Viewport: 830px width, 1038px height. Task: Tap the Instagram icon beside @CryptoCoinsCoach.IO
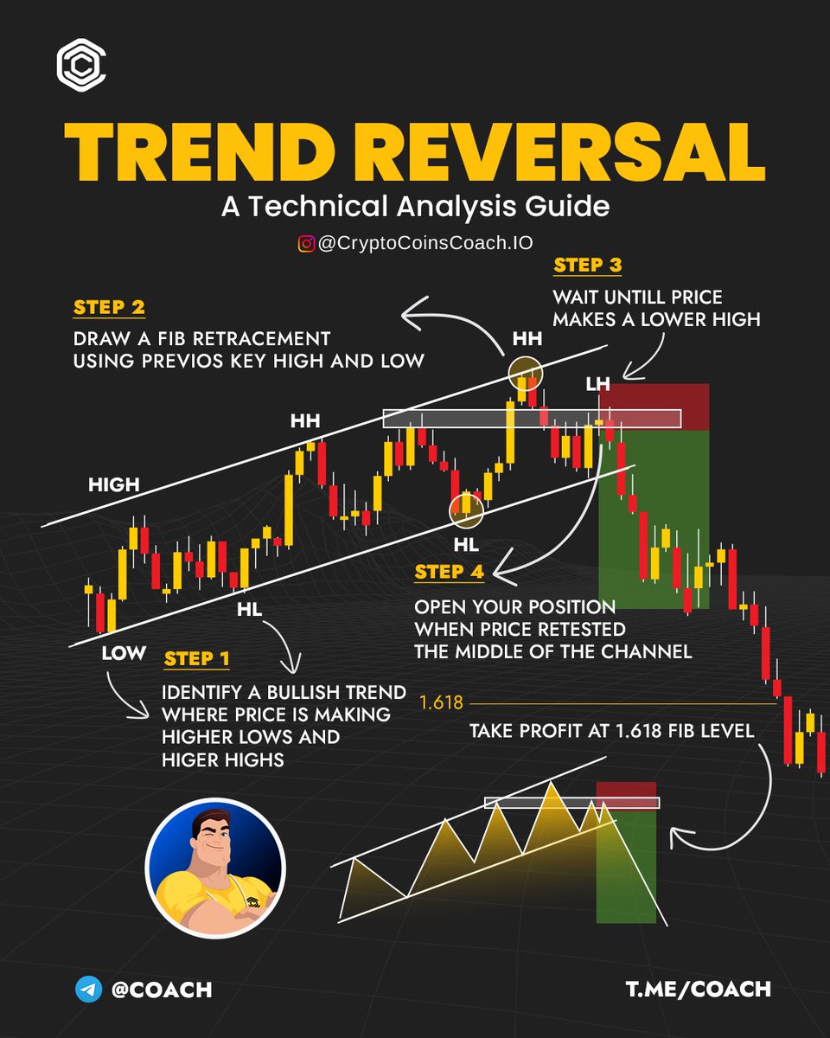pos(306,245)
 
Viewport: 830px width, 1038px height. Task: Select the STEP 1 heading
pos(197,659)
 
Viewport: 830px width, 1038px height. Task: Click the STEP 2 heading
pos(109,308)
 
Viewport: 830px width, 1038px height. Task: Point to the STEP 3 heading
pos(588,266)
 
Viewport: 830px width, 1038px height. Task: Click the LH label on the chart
pos(597,383)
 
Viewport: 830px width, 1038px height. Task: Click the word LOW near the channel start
pos(124,653)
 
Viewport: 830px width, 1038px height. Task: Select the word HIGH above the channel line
pos(113,484)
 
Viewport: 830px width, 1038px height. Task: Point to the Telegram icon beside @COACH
pos(88,990)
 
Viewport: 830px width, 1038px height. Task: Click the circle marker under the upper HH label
pos(524,370)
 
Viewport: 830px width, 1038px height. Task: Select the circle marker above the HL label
pos(467,509)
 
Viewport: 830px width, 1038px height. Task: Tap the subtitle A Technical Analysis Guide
pos(415,208)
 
